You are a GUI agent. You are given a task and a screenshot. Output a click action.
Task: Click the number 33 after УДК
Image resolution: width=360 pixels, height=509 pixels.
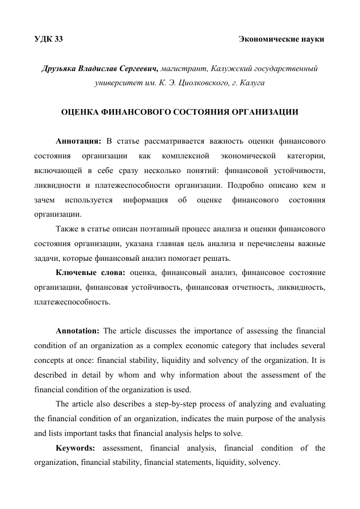58,39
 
